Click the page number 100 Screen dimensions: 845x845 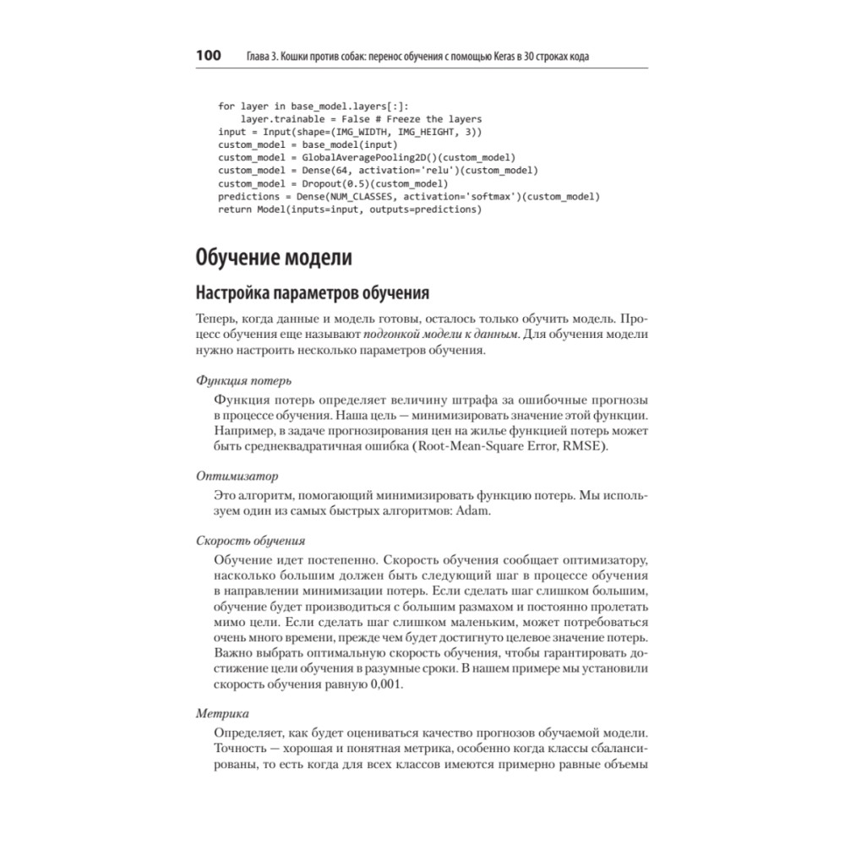click(x=208, y=57)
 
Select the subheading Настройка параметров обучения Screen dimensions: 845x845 click(x=313, y=293)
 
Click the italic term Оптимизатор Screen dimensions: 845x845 click(x=237, y=477)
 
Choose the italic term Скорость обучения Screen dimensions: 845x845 click(x=250, y=540)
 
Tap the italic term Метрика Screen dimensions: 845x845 click(x=222, y=713)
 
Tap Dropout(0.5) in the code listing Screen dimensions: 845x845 click(x=330, y=183)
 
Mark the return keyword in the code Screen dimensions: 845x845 click(x=234, y=209)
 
